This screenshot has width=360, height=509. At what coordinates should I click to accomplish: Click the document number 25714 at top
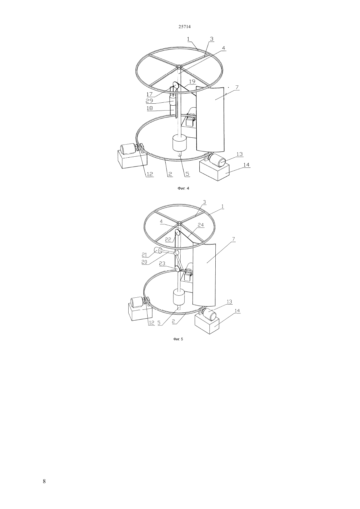185,26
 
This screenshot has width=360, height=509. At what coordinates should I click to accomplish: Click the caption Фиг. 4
183,188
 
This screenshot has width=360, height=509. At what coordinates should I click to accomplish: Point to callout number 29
149,100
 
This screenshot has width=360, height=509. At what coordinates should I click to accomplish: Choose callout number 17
149,94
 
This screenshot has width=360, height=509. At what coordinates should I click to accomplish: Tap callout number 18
150,108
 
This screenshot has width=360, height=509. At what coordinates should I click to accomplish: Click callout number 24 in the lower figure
201,225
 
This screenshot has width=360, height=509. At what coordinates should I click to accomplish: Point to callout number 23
162,264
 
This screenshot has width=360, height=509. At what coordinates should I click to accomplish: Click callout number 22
168,239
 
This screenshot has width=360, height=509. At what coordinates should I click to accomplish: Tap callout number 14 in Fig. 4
246,165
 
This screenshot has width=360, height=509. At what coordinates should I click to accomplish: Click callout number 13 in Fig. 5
229,302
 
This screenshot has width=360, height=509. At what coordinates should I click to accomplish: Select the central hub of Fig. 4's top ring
179,67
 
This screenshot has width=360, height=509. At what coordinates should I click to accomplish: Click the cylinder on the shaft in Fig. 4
180,143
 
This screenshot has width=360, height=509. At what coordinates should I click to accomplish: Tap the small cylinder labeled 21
156,251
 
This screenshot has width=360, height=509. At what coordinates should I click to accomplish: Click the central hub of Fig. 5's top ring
179,223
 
